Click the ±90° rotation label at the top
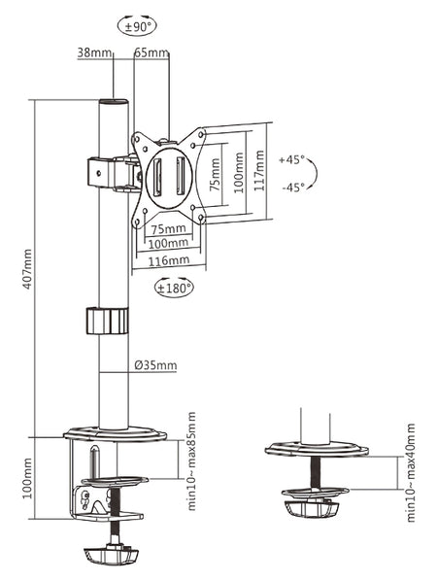[137, 26]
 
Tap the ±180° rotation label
[174, 288]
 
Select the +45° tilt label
[291, 160]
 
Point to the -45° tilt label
[293, 188]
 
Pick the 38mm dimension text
[94, 52]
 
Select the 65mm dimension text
[151, 52]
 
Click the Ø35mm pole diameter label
[155, 365]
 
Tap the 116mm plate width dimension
[169, 260]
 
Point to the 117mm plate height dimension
[259, 170]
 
